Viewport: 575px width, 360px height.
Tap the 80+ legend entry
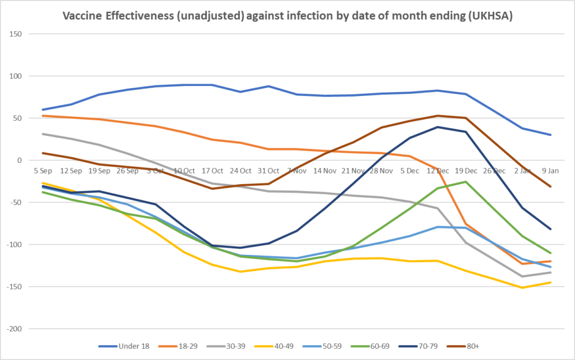click(469, 346)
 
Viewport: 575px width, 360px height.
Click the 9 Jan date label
click(550, 171)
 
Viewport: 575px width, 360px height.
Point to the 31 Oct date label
click(269, 171)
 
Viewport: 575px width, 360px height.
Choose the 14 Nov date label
click(326, 171)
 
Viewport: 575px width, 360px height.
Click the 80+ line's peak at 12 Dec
click(437, 116)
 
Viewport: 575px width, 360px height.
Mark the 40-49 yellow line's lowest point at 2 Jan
click(522, 288)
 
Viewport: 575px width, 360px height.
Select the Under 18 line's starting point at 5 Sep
click(43, 110)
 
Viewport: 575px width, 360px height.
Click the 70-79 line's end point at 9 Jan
click(550, 229)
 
